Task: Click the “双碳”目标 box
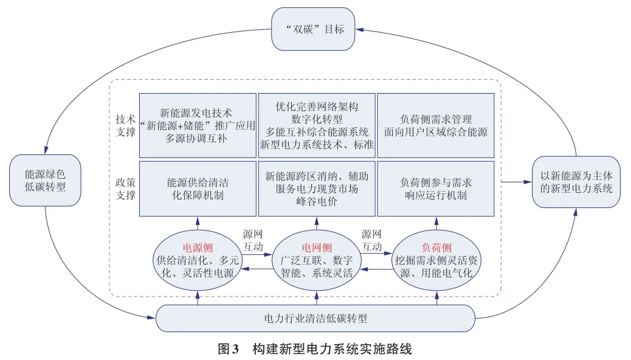point(313,29)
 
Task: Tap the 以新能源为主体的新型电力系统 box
point(576,182)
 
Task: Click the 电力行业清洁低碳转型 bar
point(315,318)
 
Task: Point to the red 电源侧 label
point(198,248)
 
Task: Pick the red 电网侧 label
point(317,248)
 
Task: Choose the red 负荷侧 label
point(436,248)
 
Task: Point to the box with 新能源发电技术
point(198,125)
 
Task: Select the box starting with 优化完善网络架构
point(317,125)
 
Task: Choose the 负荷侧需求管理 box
point(436,125)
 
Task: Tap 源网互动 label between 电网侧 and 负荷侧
point(372,241)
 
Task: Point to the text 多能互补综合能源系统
point(317,131)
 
